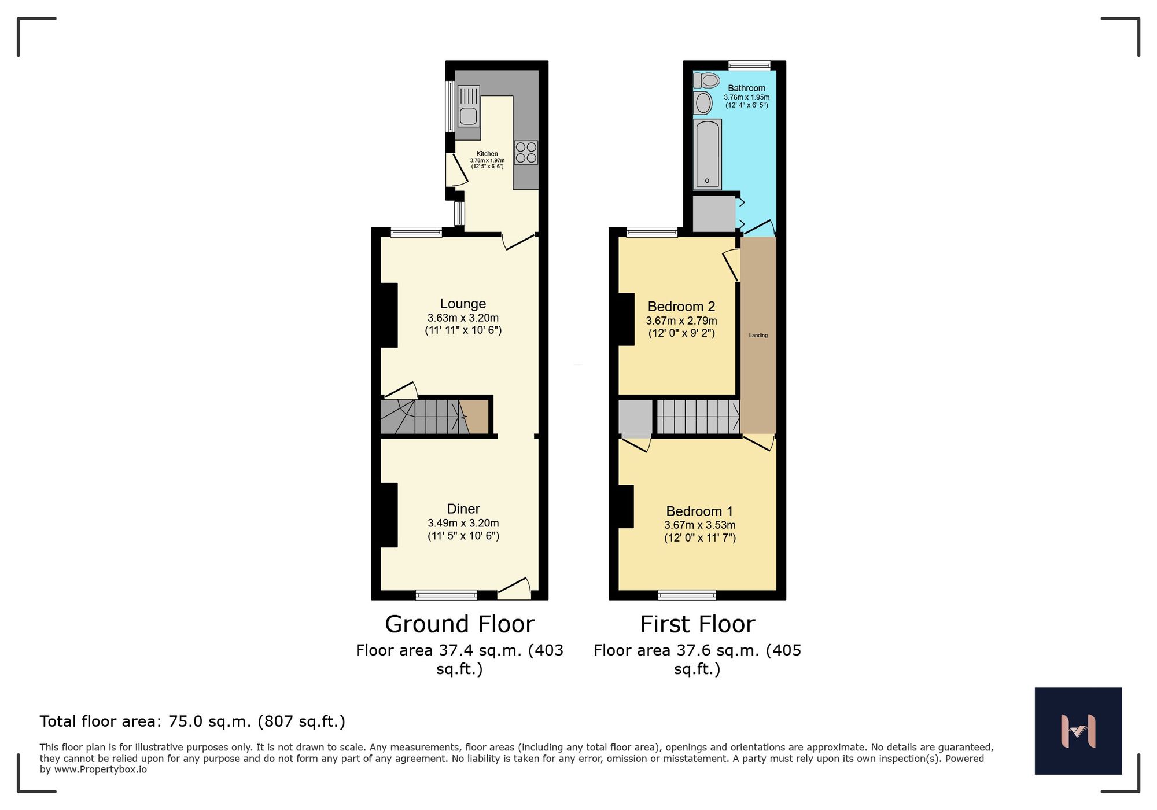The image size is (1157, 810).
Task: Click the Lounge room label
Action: coord(463,304)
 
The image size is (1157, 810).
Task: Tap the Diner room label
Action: coord(463,509)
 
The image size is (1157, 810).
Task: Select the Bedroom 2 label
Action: coord(681,307)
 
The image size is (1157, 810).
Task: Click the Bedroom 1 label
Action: coord(699,511)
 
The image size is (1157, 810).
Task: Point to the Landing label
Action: coord(758,336)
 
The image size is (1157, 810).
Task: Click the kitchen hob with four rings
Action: coord(526,153)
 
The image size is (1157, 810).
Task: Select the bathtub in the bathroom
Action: coord(707,154)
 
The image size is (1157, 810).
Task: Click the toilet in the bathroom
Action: coord(707,80)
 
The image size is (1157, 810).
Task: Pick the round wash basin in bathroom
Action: coord(703,103)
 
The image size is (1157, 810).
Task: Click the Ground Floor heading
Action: coord(459,624)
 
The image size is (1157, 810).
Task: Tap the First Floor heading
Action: coord(697,624)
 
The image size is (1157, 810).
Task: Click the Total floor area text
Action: coord(192,721)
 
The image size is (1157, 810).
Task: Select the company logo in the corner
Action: coord(1078,731)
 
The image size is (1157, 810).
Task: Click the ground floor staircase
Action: coord(428,417)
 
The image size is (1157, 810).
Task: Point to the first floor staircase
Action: coord(698,417)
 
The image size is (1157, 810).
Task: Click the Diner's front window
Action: coord(446,595)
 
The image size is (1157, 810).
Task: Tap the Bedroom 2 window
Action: coord(651,233)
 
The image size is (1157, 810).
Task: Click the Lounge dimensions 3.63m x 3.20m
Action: coord(463,318)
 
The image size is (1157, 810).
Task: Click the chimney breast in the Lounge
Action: coord(389,315)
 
